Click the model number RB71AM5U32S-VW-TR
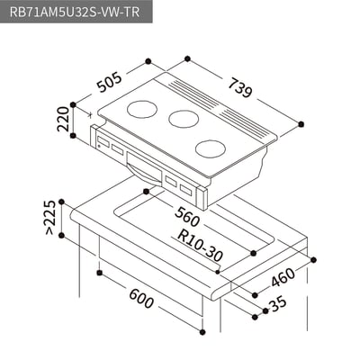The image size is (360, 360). point(75,12)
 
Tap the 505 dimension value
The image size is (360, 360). point(110,82)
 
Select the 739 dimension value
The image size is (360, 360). point(240,88)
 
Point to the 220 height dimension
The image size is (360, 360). point(63,119)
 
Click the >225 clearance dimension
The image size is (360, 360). point(49,218)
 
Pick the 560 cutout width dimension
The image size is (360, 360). point(186,217)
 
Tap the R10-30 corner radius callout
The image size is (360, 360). point(201,246)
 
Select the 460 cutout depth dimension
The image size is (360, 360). point(283,277)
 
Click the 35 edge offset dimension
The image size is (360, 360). point(278,305)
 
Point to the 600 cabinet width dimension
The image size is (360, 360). point(141,299)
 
